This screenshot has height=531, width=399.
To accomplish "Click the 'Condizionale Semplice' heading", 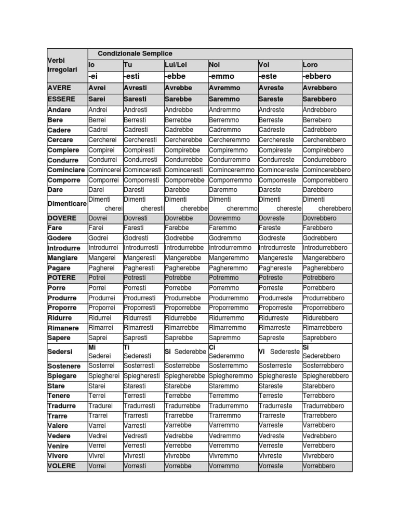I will pyautogui.click(x=135, y=53).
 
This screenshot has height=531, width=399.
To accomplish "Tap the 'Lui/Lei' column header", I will pyautogui.click(x=176, y=65).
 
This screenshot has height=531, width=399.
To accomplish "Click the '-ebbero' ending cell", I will pyautogui.click(x=317, y=76).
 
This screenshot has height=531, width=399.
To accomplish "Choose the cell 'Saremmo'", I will pyautogui.click(x=224, y=99).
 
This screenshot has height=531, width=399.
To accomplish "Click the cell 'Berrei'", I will pyautogui.click(x=98, y=120).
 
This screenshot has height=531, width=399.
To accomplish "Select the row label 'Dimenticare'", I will pyautogui.click(x=67, y=204).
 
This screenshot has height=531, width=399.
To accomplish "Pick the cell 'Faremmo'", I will pyautogui.click(x=223, y=228).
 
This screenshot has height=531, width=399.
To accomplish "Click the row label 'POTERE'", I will pyautogui.click(x=62, y=278).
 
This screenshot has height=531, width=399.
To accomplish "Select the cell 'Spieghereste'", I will pyautogui.click(x=278, y=376).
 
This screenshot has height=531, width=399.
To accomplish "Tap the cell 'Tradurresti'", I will pyautogui.click(x=139, y=406).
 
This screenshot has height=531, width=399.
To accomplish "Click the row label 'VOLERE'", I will pyautogui.click(x=62, y=466).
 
